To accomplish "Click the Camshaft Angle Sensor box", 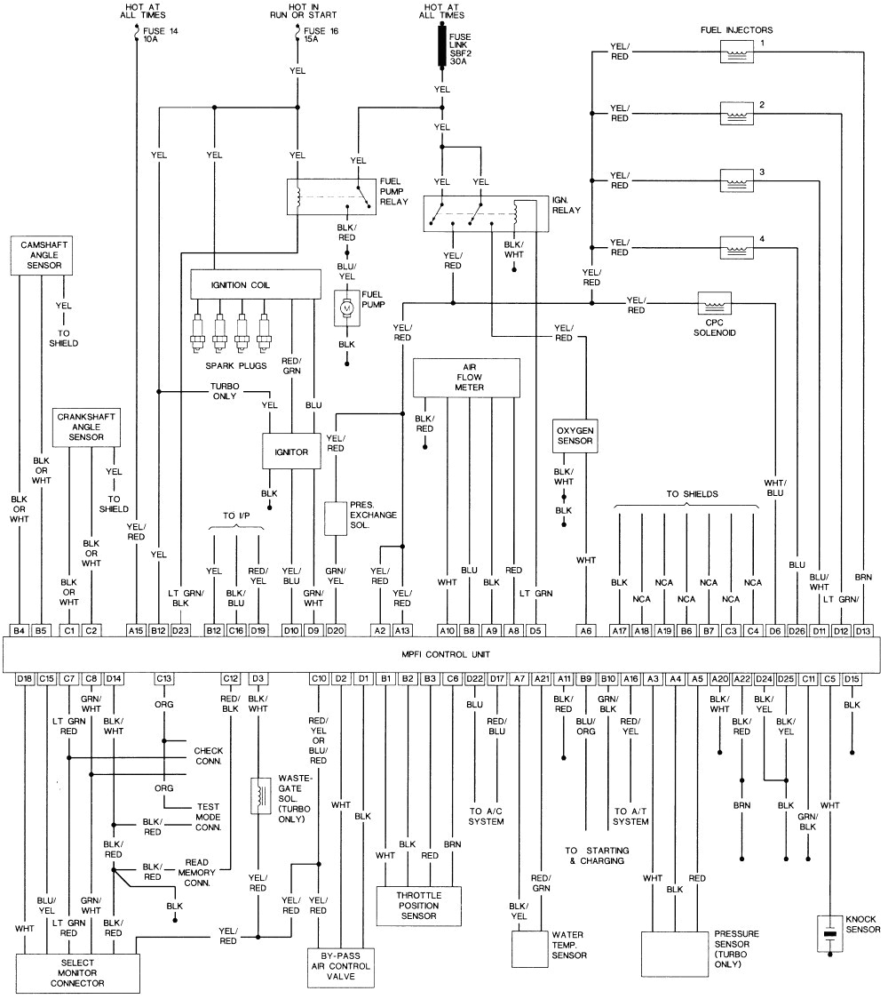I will point(41,255).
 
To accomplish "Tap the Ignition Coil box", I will point(256,285).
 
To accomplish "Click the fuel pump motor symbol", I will point(347,308).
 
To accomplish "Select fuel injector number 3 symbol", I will point(736,178).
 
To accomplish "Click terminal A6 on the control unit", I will point(585,629).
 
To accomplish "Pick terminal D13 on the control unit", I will point(861,629).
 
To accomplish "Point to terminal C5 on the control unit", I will point(830,679).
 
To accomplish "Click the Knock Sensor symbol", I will point(830,934).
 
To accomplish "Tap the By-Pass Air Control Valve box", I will point(341,968).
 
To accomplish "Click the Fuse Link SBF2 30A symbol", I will point(441,46).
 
